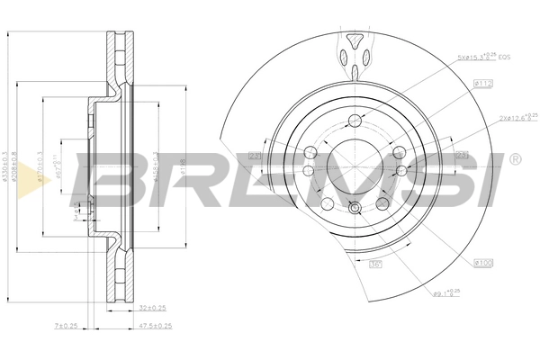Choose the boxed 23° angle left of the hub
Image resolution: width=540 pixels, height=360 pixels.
click(x=254, y=157)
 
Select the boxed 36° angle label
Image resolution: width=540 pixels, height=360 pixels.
click(x=376, y=265)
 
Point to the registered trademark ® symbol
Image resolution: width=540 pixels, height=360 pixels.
click(x=514, y=159)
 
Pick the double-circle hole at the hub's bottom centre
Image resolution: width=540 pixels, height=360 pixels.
click(x=355, y=209)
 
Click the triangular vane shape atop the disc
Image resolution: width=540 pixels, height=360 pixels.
click(x=355, y=42)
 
